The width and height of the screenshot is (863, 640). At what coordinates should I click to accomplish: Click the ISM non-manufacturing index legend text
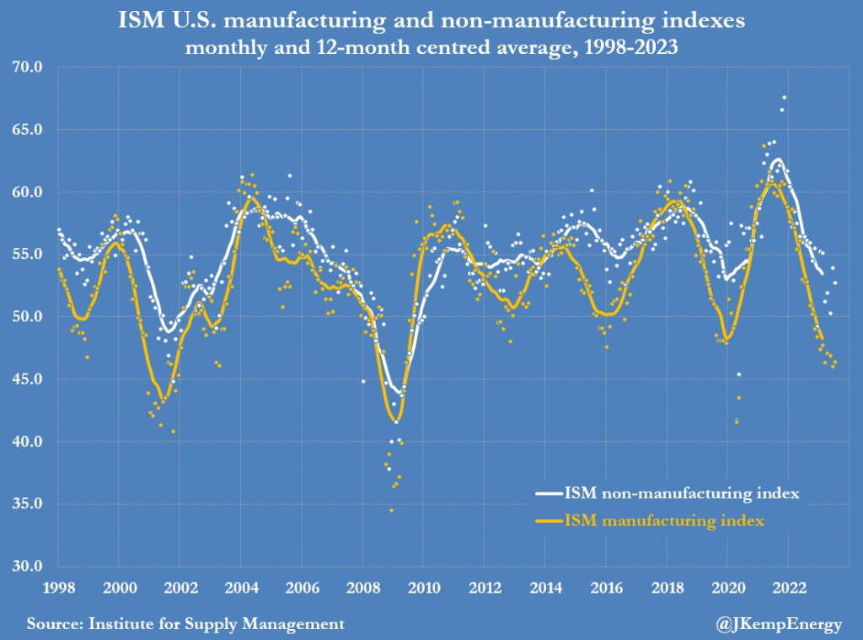pyautogui.click(x=682, y=492)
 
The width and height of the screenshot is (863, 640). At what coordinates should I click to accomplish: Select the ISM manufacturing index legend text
pyautogui.click(x=664, y=521)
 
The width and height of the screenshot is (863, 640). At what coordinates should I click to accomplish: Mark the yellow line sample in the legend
pyautogui.click(x=548, y=522)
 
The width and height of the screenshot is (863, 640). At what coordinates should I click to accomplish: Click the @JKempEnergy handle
pyautogui.click(x=779, y=625)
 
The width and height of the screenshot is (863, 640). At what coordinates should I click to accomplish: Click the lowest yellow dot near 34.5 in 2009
pyautogui.click(x=391, y=510)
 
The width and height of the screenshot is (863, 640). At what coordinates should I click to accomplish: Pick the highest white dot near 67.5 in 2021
pyautogui.click(x=784, y=98)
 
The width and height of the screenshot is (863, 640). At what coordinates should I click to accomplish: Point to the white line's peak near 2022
pyautogui.click(x=778, y=159)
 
